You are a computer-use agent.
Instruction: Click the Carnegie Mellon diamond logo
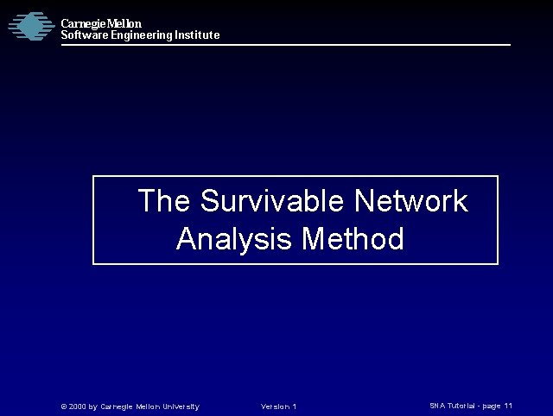(x=30, y=26)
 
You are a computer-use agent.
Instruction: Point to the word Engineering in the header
(x=142, y=35)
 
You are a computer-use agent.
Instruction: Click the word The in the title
(x=164, y=201)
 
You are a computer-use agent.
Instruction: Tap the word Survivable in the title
(x=272, y=201)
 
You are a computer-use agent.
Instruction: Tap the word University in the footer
(x=178, y=407)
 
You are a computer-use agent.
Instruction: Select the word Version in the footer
(x=274, y=407)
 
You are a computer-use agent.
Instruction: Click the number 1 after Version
(x=295, y=407)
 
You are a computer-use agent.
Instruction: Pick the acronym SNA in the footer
(x=437, y=406)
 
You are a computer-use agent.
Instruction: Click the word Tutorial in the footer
(x=463, y=406)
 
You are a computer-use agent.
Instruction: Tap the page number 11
(x=508, y=406)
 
